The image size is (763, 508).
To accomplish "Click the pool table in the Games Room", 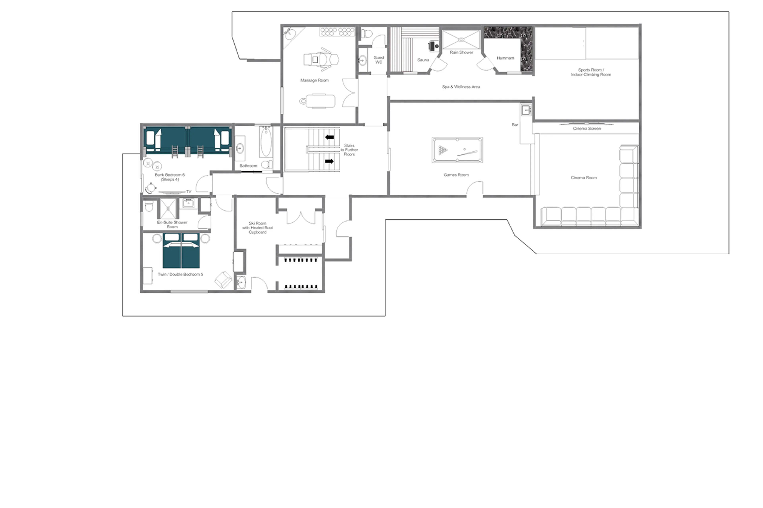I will (457, 150).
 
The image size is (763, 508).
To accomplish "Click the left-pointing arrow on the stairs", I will (329, 137).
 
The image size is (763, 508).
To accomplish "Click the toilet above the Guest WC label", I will (367, 33).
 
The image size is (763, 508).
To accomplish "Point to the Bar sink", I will (526, 110).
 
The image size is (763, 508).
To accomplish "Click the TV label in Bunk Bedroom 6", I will (189, 192).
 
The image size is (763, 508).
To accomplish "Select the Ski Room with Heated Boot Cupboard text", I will (258, 228).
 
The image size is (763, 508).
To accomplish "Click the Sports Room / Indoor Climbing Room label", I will (591, 72).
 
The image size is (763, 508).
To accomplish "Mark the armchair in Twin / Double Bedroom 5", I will (223, 279).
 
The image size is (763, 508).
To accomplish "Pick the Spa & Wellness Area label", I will (461, 87).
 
